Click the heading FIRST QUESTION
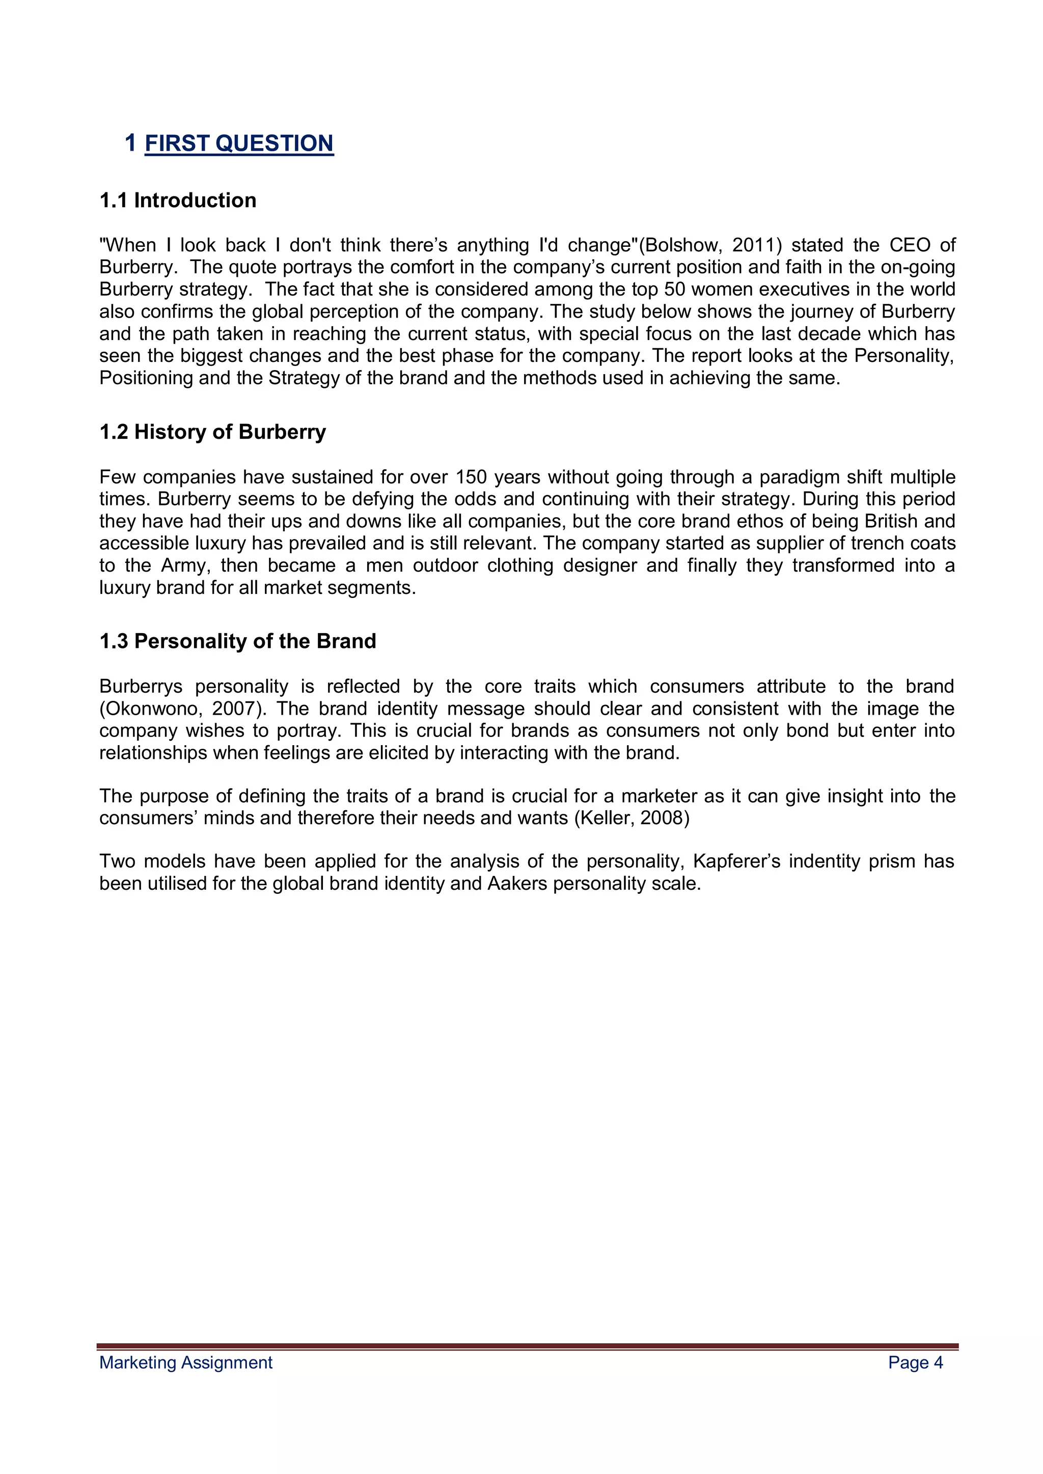(x=239, y=143)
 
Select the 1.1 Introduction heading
(x=178, y=201)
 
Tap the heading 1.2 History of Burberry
(x=212, y=432)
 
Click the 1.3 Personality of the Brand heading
(x=238, y=641)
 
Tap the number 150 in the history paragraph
(x=472, y=477)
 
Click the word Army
(x=184, y=565)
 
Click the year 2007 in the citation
(x=234, y=709)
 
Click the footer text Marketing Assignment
(x=185, y=1363)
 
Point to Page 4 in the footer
(x=915, y=1363)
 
